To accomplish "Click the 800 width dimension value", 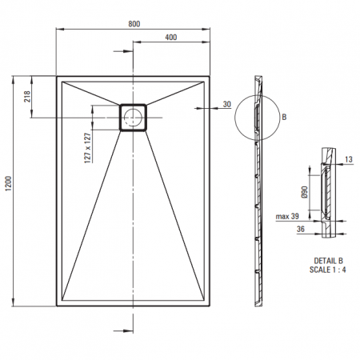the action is (134, 24).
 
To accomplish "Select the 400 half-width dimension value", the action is (170, 38).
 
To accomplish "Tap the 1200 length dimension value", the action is (9, 183).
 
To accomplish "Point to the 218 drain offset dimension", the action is (27, 97).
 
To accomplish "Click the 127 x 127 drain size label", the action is (88, 148).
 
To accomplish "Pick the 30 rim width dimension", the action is (226, 104).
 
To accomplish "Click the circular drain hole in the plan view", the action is (133, 118).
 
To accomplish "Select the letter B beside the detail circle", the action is (284, 117).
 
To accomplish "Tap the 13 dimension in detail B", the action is (349, 159).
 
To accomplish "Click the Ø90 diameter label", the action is (305, 192).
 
